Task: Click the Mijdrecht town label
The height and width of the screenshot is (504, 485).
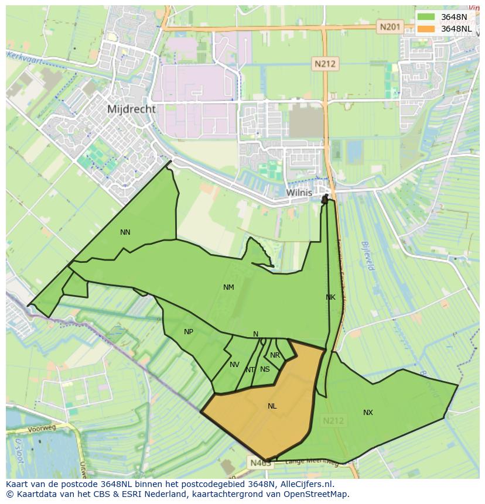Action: point(132,109)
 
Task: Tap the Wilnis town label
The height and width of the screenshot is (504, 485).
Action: point(299,192)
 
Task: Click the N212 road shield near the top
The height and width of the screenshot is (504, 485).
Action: point(324,64)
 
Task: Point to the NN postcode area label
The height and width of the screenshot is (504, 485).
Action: point(125,232)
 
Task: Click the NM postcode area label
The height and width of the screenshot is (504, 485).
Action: point(228,287)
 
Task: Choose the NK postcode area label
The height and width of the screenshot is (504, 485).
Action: point(330,297)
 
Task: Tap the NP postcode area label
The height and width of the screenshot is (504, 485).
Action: point(189,332)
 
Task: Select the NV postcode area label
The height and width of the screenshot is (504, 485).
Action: point(234,365)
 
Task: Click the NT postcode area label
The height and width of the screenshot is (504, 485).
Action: point(250,370)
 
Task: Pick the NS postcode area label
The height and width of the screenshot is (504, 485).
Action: point(265,369)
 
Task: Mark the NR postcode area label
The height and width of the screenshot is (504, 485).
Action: point(275,355)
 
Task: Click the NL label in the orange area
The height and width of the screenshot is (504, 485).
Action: point(272,406)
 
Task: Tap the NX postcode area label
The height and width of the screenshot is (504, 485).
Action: point(368,413)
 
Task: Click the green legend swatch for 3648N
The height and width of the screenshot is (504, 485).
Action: point(426,17)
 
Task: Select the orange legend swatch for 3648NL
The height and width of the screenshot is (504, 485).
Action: point(426,29)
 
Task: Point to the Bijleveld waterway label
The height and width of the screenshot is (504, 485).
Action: point(367,255)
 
